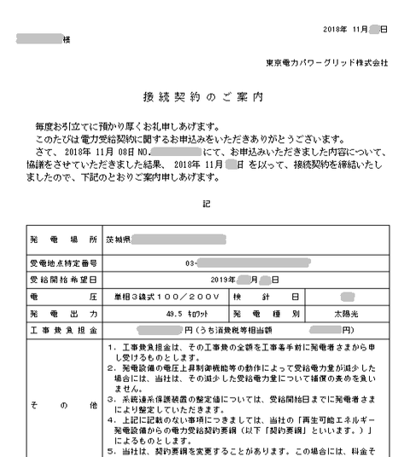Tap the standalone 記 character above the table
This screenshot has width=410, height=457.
[x=205, y=205]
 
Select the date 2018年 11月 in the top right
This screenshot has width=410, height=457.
[x=346, y=30]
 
